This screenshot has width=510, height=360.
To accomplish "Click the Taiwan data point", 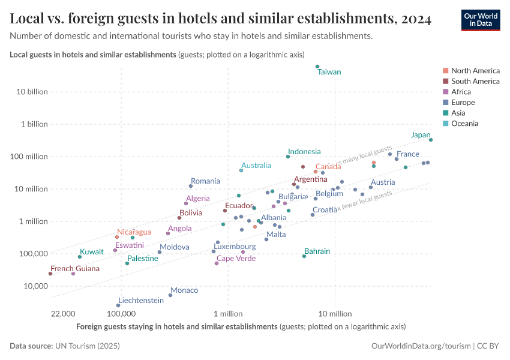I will tap(317, 67).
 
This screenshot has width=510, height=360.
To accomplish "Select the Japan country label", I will tap(420, 135).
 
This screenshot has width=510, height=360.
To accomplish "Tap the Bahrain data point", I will tap(304, 256).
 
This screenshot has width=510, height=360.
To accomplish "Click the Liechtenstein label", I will tap(141, 300).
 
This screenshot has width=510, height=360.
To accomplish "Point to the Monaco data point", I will tap(170, 295).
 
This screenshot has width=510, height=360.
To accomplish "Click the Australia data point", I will tap(241, 170).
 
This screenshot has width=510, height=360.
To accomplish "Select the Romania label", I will tap(205, 181).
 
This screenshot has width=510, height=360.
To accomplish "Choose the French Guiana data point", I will tap(50, 274).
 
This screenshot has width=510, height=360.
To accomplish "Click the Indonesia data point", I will tap(288, 157).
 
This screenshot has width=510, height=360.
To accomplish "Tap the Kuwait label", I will tap(92, 251).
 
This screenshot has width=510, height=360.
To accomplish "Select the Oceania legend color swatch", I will tap(445, 124).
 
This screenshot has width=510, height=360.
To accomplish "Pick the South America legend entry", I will tap(475, 81).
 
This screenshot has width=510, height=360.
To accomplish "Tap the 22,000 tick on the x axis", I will tap(63, 314).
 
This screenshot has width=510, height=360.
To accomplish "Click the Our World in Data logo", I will tap(480, 20).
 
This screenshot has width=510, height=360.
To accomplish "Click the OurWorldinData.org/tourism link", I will tap(421, 346).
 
